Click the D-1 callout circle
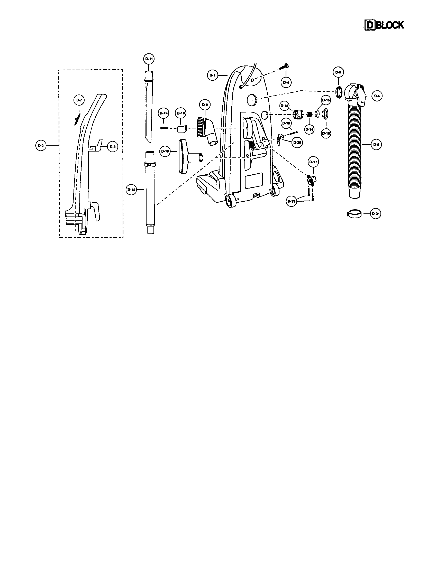tap(212, 75)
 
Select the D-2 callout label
tap(40, 146)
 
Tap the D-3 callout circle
tap(112, 147)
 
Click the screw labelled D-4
tap(284, 67)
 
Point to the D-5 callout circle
tap(377, 96)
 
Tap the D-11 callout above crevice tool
tap(149, 59)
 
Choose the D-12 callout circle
tap(132, 190)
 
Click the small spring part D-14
tap(308, 114)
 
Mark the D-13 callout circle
tap(284, 106)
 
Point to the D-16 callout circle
tap(326, 134)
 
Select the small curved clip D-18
tap(181, 129)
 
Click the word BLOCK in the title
tap(390, 25)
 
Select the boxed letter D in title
tap(370, 25)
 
